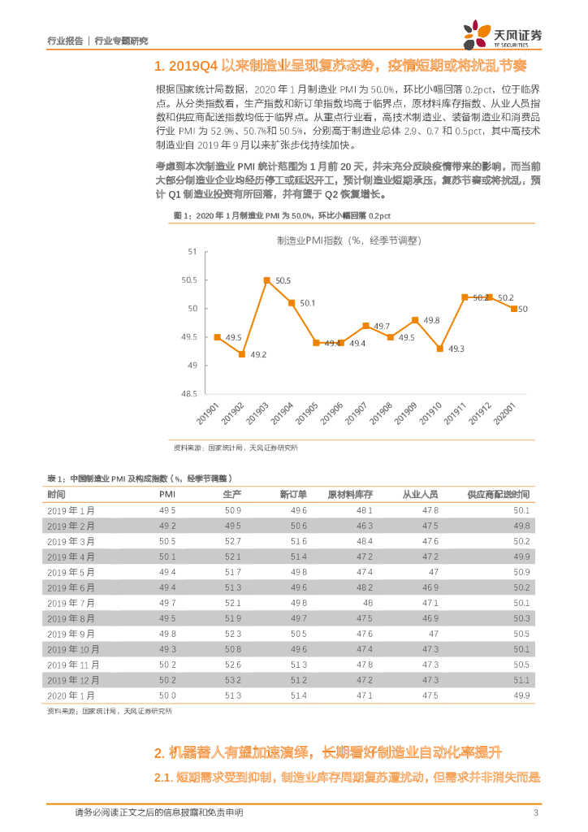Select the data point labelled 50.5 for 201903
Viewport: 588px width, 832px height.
pyautogui.click(x=266, y=279)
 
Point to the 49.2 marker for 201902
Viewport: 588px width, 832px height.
pyautogui.click(x=242, y=353)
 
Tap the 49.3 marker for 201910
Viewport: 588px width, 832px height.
pyautogui.click(x=439, y=348)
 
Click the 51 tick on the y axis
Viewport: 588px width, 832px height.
pyautogui.click(x=192, y=252)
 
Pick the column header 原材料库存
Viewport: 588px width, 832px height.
pyautogui.click(x=350, y=495)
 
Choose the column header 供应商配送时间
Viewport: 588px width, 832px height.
pyautogui.click(x=498, y=495)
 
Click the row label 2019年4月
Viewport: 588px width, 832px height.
pyautogui.click(x=71, y=557)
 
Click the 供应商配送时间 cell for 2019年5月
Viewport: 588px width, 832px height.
pyautogui.click(x=521, y=572)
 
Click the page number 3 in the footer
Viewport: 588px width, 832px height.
pyautogui.click(x=535, y=813)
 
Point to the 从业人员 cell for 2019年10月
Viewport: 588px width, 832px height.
pyautogui.click(x=430, y=649)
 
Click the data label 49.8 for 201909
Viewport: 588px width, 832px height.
pyautogui.click(x=431, y=320)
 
